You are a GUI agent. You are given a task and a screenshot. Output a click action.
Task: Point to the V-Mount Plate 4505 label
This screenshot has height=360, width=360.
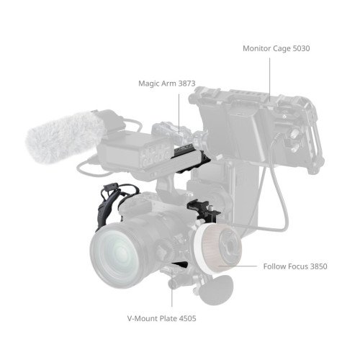[158, 318]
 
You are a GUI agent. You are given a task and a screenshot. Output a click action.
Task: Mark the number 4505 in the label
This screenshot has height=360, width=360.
[184, 318]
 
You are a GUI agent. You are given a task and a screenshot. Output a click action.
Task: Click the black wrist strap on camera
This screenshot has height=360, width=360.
[108, 205]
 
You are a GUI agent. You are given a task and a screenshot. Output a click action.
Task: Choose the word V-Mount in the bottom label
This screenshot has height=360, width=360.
[141, 318]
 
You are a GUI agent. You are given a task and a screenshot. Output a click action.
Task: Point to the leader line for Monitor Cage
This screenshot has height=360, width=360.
[269, 76]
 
